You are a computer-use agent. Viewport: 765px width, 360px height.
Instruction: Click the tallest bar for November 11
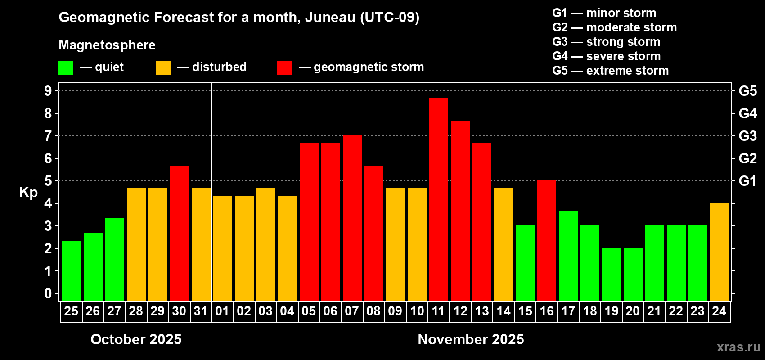pyautogui.click(x=438, y=199)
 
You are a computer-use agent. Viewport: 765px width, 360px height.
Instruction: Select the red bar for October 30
pyautogui.click(x=179, y=233)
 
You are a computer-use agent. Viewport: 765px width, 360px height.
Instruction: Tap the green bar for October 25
pyautogui.click(x=71, y=270)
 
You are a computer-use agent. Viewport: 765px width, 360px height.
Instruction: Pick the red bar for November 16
pyautogui.click(x=546, y=240)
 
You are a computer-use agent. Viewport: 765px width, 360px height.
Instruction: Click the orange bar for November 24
pyautogui.click(x=719, y=252)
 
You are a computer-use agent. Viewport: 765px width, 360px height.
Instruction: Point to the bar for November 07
pyautogui.click(x=352, y=218)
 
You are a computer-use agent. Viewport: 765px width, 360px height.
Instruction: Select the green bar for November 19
pyautogui.click(x=611, y=274)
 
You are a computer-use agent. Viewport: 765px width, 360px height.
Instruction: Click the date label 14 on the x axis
pyautogui.click(x=503, y=311)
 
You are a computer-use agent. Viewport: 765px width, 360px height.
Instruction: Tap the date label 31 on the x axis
pyautogui.click(x=201, y=311)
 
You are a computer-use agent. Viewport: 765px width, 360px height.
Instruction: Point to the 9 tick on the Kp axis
pyautogui.click(x=48, y=91)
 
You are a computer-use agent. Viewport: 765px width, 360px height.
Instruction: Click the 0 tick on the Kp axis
pyautogui.click(x=48, y=294)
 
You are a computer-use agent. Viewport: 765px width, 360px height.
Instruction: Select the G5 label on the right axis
pyautogui.click(x=747, y=91)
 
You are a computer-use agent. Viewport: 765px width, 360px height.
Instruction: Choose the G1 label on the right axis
pyautogui.click(x=747, y=181)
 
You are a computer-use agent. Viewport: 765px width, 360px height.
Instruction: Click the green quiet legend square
pyautogui.click(x=66, y=68)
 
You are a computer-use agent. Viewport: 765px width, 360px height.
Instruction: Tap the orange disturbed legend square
pyautogui.click(x=163, y=68)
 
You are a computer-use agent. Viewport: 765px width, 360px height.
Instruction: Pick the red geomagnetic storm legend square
pyautogui.click(x=284, y=68)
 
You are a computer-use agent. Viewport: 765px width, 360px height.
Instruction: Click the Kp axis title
pyautogui.click(x=28, y=193)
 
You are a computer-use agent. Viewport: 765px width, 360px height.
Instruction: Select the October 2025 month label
pyautogui.click(x=136, y=339)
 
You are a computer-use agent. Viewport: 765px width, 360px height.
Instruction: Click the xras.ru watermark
pyautogui.click(x=738, y=347)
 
